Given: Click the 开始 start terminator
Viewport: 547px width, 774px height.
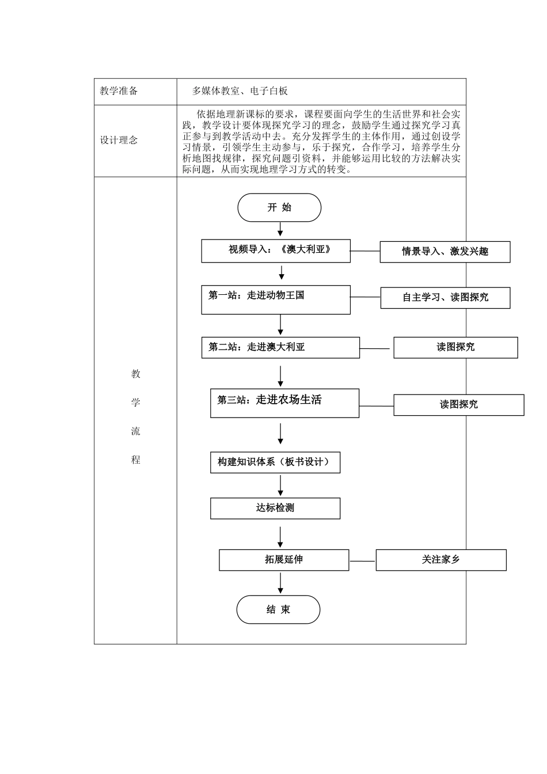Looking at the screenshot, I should [x=279, y=208].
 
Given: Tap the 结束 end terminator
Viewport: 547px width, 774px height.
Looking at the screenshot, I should [x=278, y=610].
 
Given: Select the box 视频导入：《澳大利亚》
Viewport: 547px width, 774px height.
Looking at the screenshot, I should [x=276, y=251].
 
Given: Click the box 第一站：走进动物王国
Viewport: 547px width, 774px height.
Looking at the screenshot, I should [x=276, y=299].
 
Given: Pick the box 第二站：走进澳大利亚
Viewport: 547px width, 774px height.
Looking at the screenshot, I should [x=280, y=347].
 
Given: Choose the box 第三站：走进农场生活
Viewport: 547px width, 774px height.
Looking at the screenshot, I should [x=284, y=403].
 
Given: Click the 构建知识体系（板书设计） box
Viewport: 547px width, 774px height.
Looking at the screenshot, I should [x=275, y=462].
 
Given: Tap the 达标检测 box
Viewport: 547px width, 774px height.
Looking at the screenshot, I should [x=275, y=508].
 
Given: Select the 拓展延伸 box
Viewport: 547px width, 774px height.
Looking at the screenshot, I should [x=284, y=560].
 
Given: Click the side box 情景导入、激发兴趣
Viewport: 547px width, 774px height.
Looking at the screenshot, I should [x=445, y=252].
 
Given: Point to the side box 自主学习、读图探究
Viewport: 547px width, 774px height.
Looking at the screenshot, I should [x=445, y=298].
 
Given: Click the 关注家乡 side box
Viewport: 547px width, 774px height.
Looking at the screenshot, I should [x=440, y=560].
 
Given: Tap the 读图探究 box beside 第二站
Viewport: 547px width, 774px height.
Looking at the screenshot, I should [x=455, y=347].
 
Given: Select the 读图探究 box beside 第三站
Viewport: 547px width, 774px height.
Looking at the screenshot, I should [x=458, y=405].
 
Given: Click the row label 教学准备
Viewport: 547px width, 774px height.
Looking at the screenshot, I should [x=119, y=91].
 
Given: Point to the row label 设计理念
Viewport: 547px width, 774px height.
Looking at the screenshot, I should [x=119, y=141].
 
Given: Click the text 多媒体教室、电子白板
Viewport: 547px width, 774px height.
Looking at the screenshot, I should [x=240, y=91].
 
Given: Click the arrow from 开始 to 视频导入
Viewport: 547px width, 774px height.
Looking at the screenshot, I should [x=280, y=229].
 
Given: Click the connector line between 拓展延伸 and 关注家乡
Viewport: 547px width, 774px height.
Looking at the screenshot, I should [x=362, y=560].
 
